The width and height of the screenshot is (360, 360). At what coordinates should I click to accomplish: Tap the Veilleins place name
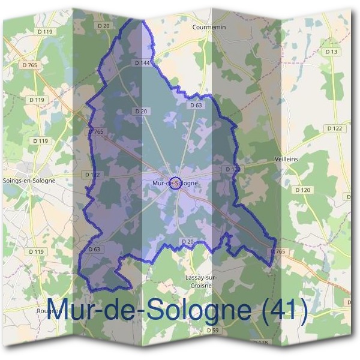[x=302, y=159]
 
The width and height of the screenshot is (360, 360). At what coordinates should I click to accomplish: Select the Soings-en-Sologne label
[x=29, y=180]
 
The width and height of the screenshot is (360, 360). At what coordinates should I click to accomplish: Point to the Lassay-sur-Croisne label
[x=202, y=281]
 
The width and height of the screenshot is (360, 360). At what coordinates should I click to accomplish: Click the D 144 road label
[x=142, y=62]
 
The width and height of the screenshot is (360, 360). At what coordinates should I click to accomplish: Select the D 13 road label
[x=331, y=52]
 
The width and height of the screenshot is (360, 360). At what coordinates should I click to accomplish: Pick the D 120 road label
[x=303, y=190]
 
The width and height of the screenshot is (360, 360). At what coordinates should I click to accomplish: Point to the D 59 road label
[x=213, y=331]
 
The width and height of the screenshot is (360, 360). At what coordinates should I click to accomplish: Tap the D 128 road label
[x=260, y=343]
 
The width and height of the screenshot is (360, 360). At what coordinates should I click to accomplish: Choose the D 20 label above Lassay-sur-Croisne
[x=187, y=241]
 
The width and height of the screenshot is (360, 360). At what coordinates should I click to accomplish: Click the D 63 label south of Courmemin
[x=196, y=105]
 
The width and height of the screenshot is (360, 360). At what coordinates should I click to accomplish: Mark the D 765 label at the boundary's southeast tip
[x=277, y=251]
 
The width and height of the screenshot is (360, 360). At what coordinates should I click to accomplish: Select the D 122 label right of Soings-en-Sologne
[x=92, y=175]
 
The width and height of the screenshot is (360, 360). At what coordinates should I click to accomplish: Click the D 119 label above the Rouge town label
[x=37, y=251]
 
